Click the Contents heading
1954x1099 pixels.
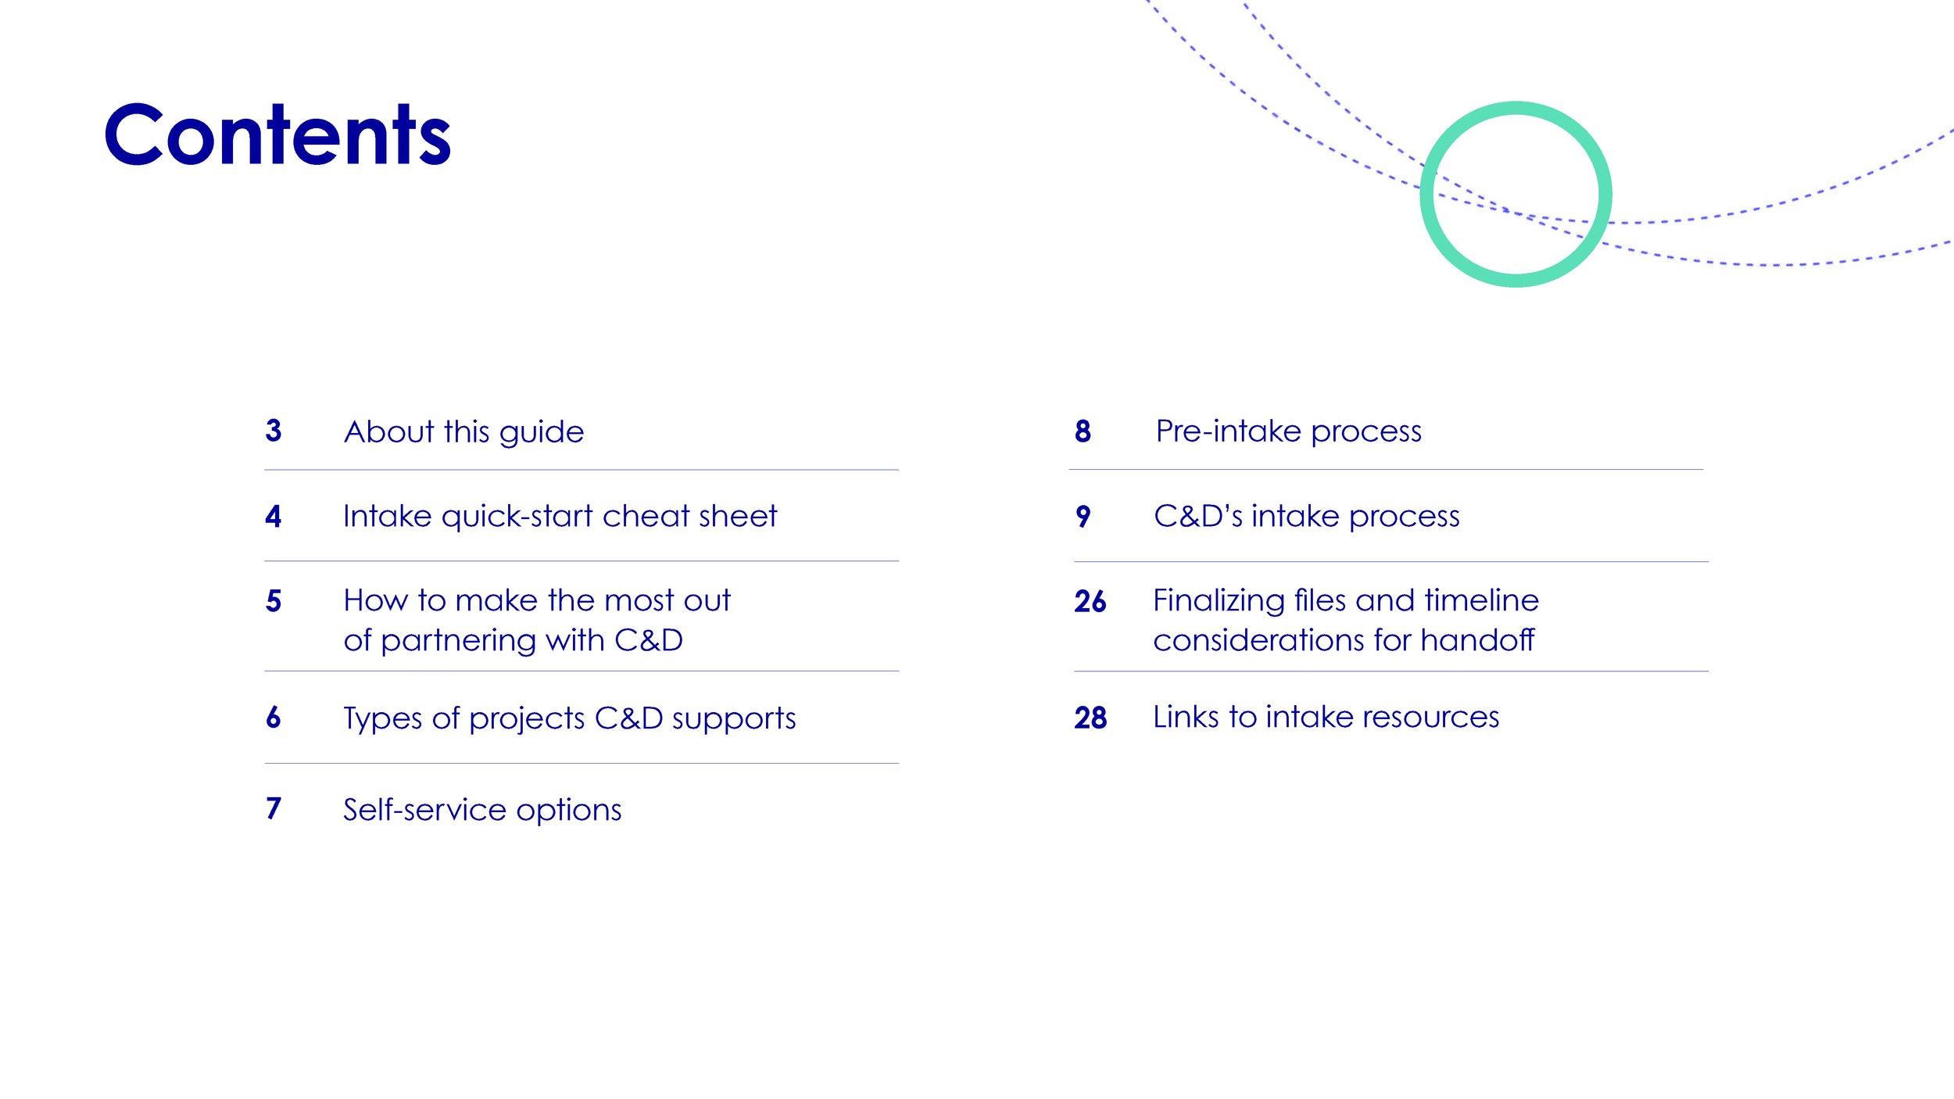277,135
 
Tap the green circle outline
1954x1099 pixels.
1424,193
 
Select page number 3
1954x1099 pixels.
274,431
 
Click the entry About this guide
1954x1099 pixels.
463,432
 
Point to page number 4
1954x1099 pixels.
273,516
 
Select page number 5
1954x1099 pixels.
274,601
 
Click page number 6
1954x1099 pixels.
274,717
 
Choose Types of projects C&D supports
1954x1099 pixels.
569,718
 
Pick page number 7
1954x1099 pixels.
274,808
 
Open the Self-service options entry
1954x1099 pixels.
482,810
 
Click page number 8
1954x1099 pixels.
1083,431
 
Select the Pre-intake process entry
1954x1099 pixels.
1288,431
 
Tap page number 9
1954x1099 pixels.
1083,516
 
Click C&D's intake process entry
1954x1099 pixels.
1306,516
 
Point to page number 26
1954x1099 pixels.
1090,601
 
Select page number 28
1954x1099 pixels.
1090,718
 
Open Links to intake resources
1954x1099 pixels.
1326,717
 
